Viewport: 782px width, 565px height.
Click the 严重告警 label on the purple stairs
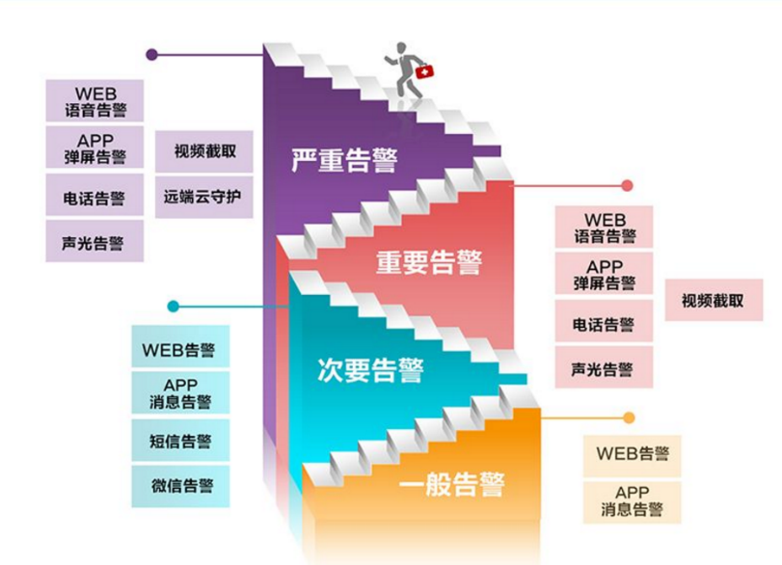[x=343, y=160]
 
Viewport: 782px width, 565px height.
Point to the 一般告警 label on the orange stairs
[x=452, y=482]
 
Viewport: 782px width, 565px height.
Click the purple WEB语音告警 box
[x=94, y=100]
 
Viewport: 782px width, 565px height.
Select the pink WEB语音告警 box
[x=605, y=229]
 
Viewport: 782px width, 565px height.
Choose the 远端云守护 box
[x=202, y=199]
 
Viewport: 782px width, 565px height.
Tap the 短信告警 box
[x=181, y=441]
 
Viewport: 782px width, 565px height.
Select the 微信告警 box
[x=181, y=486]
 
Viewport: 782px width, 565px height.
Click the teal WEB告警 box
[x=181, y=349]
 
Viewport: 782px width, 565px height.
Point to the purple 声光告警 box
[x=94, y=242]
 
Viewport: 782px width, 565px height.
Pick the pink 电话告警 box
[x=605, y=324]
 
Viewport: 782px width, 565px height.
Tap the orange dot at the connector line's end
[x=629, y=418]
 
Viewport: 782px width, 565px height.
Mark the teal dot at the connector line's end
[x=173, y=307]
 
